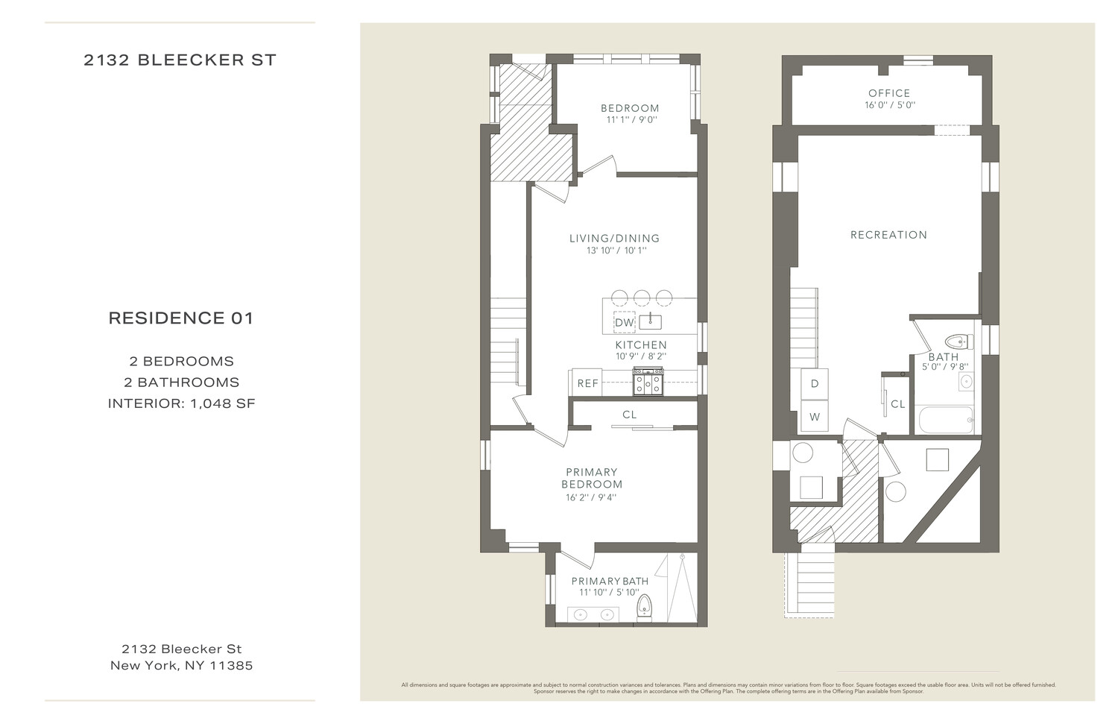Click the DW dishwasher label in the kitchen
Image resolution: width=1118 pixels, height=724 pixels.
coord(624,323)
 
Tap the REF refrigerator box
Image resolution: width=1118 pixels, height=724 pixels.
coord(588,383)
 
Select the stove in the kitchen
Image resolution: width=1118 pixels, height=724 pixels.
coord(648,383)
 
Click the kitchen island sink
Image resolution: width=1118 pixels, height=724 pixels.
coord(651,321)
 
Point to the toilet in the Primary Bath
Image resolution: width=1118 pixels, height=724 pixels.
coord(646,608)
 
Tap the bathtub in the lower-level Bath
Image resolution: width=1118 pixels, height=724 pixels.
coord(946,420)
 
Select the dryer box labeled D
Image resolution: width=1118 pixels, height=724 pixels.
coord(815,384)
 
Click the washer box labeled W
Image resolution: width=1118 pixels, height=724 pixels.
coord(815,417)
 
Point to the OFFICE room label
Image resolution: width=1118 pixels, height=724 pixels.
coord(889,93)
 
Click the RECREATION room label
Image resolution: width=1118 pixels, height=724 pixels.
coord(888,235)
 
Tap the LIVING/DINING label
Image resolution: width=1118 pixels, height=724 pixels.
coord(614,239)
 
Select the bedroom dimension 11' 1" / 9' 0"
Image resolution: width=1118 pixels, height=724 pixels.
coord(631,120)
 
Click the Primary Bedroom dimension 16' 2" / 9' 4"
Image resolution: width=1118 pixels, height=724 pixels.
coord(591,497)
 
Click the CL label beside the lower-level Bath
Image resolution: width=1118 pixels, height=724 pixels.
coord(898,404)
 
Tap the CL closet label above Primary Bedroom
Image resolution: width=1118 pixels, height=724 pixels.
coord(630,415)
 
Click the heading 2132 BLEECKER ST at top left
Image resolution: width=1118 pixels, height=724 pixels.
coord(180,60)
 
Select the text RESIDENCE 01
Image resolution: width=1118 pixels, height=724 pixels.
coord(181,318)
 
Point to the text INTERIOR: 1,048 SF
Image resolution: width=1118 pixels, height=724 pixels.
coord(182,403)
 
